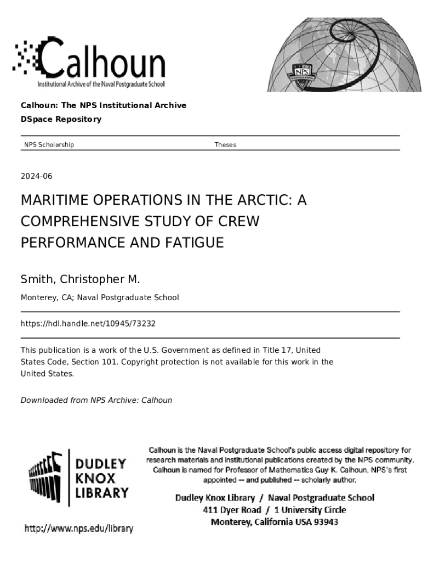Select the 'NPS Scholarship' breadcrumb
tap(49, 145)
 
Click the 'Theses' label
tap(225, 145)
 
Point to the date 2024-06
tap(36, 176)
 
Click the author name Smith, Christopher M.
tap(81, 279)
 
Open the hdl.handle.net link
tap(88, 324)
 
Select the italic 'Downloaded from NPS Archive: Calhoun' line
tap(96, 400)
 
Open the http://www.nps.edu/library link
tap(78, 529)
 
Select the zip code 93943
tap(326, 522)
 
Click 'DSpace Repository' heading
tap(61, 119)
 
